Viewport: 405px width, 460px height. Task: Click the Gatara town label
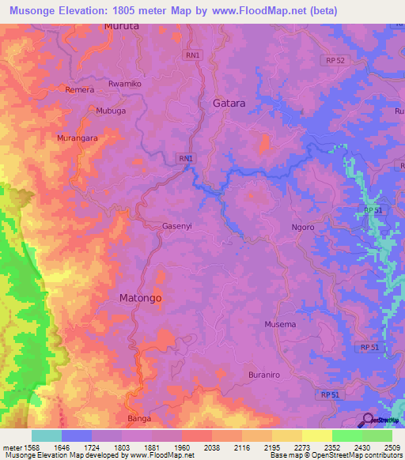point(229,104)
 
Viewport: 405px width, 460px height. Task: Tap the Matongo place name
point(140,298)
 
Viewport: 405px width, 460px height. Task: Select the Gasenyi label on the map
point(176,225)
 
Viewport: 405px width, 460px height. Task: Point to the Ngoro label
point(302,227)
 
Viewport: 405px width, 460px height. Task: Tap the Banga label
point(138,418)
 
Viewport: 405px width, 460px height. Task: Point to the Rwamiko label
point(123,83)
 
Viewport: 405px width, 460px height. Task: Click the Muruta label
point(121,25)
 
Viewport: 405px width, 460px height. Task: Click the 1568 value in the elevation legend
point(34,447)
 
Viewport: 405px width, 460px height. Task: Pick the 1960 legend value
point(183,447)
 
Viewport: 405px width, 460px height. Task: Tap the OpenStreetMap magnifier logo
point(367,420)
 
